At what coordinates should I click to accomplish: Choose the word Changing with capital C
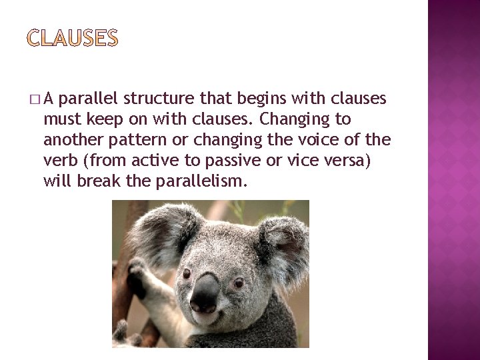coord(291,119)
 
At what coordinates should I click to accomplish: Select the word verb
coord(60,160)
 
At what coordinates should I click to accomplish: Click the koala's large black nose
coord(205,292)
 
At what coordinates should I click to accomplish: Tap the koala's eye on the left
coord(187,273)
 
